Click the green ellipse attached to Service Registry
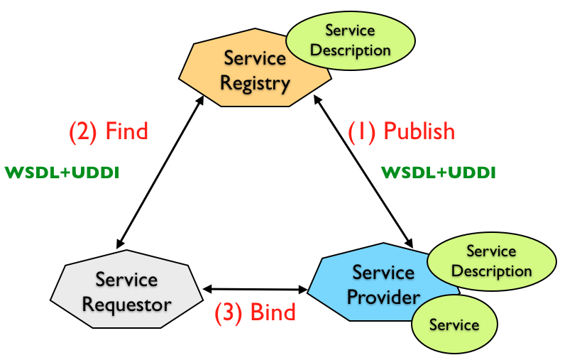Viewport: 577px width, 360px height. [x=351, y=40]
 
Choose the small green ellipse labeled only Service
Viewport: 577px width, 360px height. [x=454, y=324]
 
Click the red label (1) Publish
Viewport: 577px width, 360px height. [x=401, y=131]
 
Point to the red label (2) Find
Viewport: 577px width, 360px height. [x=108, y=131]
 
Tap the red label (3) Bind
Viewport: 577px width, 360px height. [x=255, y=313]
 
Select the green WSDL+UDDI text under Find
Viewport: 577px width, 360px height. [x=61, y=173]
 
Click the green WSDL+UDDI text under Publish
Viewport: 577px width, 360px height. [x=439, y=173]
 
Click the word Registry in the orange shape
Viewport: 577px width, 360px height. [x=255, y=84]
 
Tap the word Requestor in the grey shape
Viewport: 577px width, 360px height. [x=126, y=305]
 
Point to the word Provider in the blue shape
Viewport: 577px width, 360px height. [x=383, y=296]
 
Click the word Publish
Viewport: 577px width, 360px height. [x=419, y=131]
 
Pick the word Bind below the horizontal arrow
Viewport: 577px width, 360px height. [x=273, y=313]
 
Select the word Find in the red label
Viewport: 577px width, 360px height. [x=126, y=131]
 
